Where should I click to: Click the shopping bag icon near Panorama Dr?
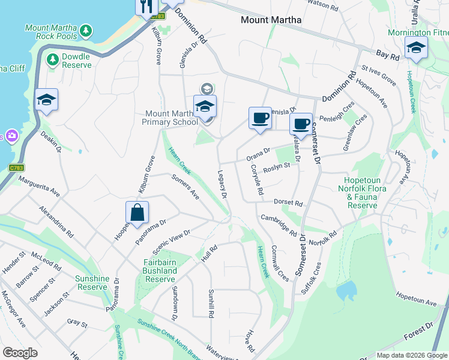coord(137,213)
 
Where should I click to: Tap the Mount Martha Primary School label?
coord(172,118)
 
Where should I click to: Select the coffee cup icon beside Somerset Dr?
coord(301,124)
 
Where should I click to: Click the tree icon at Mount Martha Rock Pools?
coord(86,29)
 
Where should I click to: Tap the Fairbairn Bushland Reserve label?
coord(160,271)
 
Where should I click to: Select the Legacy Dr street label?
coord(221,184)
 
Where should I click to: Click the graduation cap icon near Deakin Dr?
coord(46,101)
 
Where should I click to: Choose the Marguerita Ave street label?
coord(39,185)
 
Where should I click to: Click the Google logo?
coord(20,353)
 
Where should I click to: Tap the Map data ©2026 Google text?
coord(411,355)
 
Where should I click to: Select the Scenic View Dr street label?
coord(172,241)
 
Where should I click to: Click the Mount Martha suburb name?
coord(271,20)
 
